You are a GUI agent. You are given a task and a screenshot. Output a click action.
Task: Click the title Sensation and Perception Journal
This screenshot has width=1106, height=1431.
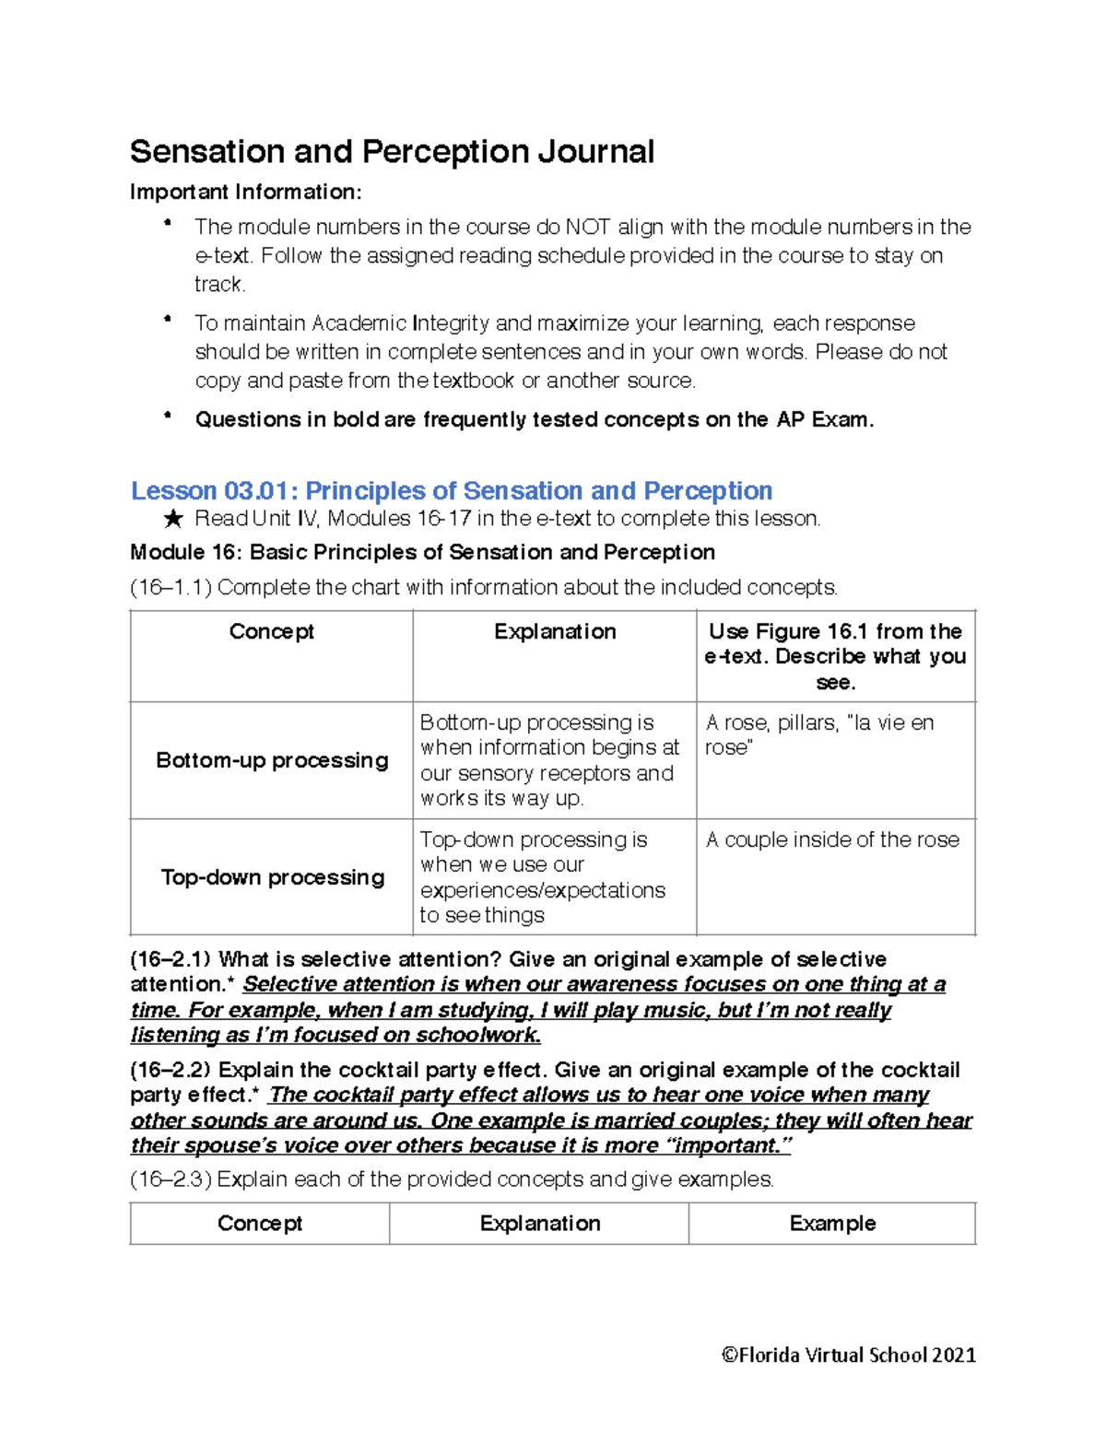point(392,152)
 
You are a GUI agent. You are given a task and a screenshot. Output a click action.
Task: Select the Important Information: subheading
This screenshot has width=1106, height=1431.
point(246,193)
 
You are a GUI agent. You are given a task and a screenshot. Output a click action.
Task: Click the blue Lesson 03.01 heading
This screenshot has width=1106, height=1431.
point(451,490)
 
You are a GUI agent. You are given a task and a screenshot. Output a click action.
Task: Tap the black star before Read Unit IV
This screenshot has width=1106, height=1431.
point(172,520)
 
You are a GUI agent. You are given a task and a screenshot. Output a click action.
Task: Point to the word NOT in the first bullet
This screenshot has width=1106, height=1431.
point(587,227)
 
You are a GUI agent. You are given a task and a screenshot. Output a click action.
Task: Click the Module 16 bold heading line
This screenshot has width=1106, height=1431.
point(422,552)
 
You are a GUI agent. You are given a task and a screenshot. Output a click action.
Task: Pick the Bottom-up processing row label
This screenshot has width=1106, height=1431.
point(272,760)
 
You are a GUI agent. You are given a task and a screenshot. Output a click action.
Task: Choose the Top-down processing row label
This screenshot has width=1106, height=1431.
point(272,877)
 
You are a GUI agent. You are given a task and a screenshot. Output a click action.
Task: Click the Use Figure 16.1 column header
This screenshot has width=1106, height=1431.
point(835,656)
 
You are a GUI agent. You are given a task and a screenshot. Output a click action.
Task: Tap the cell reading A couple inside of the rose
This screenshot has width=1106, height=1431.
point(832,840)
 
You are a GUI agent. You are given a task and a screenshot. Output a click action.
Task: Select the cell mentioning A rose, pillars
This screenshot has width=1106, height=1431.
point(819,734)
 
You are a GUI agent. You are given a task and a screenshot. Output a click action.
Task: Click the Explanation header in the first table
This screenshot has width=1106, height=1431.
point(555,632)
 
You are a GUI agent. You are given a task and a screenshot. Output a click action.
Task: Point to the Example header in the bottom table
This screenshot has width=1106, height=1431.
point(832,1224)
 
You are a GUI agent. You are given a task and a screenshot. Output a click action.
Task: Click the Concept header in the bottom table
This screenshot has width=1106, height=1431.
point(260,1224)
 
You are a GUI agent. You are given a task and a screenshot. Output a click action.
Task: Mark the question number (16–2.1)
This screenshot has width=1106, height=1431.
point(171,959)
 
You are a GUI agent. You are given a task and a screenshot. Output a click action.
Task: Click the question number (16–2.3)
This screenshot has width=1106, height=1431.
point(171,1179)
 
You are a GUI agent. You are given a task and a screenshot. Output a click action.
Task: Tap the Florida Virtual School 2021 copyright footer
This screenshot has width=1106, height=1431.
point(848,1355)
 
